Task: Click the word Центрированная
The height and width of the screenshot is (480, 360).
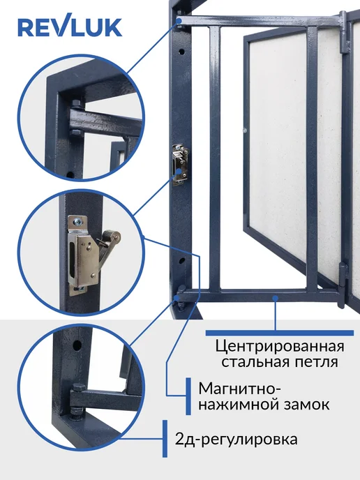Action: (280, 347)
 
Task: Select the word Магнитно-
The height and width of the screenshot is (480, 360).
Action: (240, 389)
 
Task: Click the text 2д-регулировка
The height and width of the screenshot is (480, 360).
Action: (236, 440)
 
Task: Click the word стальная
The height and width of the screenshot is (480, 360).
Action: (255, 362)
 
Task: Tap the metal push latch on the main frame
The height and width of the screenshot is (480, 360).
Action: (180, 165)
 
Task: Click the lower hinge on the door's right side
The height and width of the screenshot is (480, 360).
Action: (343, 283)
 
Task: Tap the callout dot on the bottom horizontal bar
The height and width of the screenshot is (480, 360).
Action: (276, 297)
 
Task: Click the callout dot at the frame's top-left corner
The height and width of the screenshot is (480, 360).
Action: (179, 20)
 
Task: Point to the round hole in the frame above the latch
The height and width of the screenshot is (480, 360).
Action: (181, 52)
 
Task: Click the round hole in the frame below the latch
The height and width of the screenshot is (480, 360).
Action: (182, 261)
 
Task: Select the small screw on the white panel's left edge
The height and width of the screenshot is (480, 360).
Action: (245, 131)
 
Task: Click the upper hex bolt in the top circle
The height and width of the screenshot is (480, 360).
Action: (76, 103)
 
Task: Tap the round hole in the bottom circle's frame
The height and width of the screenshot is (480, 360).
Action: (77, 345)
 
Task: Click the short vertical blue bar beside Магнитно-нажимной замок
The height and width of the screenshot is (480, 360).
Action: (188, 396)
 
